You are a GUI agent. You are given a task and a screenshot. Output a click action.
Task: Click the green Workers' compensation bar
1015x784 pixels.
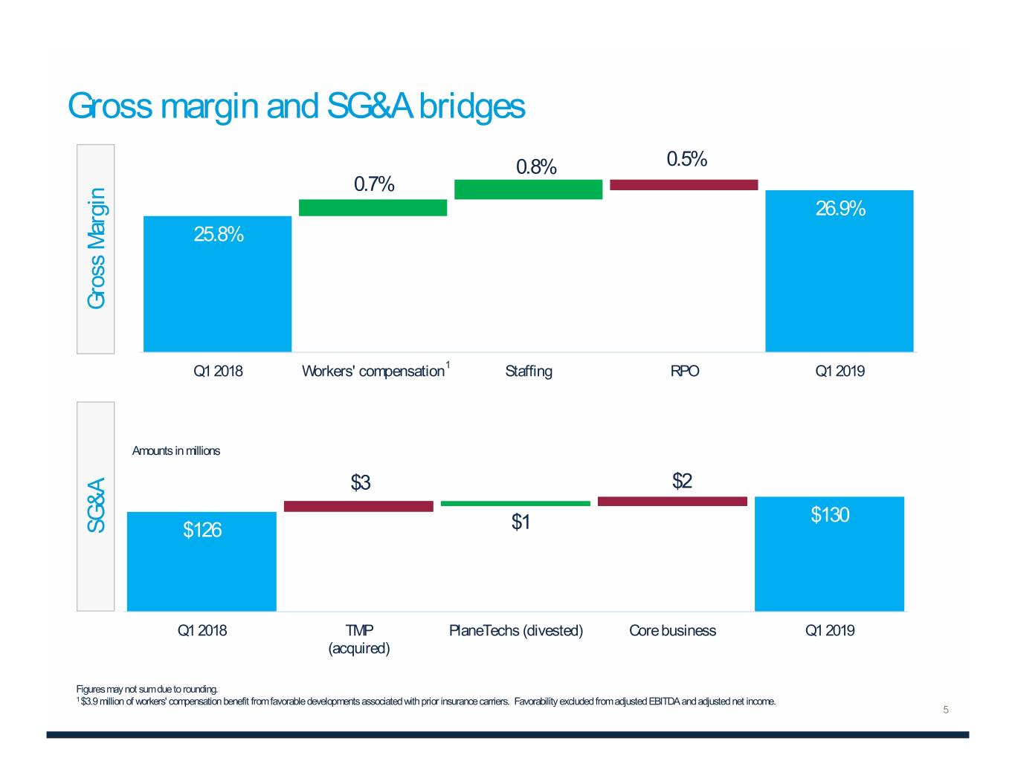point(373,207)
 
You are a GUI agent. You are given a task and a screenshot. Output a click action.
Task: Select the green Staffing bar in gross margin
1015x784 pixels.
point(528,189)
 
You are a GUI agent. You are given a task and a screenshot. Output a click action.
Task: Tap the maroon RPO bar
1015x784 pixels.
point(683,185)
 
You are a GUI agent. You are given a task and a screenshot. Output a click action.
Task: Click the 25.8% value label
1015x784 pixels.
point(219,235)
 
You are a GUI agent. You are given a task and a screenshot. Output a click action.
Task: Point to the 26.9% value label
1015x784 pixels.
point(840,209)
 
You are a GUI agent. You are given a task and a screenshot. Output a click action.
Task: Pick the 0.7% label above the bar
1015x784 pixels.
point(374,184)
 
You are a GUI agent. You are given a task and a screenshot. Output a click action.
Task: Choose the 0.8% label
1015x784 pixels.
point(536,167)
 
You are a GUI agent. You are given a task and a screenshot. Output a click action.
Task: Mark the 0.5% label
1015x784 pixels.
point(686,159)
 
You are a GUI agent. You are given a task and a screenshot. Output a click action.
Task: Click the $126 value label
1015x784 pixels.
point(202,530)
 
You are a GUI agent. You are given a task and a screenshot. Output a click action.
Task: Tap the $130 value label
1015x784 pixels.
point(830,515)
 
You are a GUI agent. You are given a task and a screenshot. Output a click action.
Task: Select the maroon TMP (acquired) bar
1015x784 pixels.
point(358,506)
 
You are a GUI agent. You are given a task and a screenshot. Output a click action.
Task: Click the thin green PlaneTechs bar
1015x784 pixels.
point(515,503)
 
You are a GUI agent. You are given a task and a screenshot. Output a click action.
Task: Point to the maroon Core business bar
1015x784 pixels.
point(672,502)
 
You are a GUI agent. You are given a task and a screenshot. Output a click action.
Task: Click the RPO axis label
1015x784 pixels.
point(685,371)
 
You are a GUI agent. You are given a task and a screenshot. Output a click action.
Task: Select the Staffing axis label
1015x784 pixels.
point(528,371)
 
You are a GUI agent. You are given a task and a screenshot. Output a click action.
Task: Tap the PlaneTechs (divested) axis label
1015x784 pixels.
point(516,631)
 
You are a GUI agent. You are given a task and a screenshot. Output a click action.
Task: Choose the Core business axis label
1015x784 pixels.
point(672,631)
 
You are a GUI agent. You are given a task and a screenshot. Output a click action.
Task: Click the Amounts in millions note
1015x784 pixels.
point(176,451)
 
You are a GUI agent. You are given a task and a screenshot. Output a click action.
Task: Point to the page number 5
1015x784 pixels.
point(946,710)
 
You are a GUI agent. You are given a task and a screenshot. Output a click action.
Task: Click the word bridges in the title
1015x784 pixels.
point(471,106)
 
